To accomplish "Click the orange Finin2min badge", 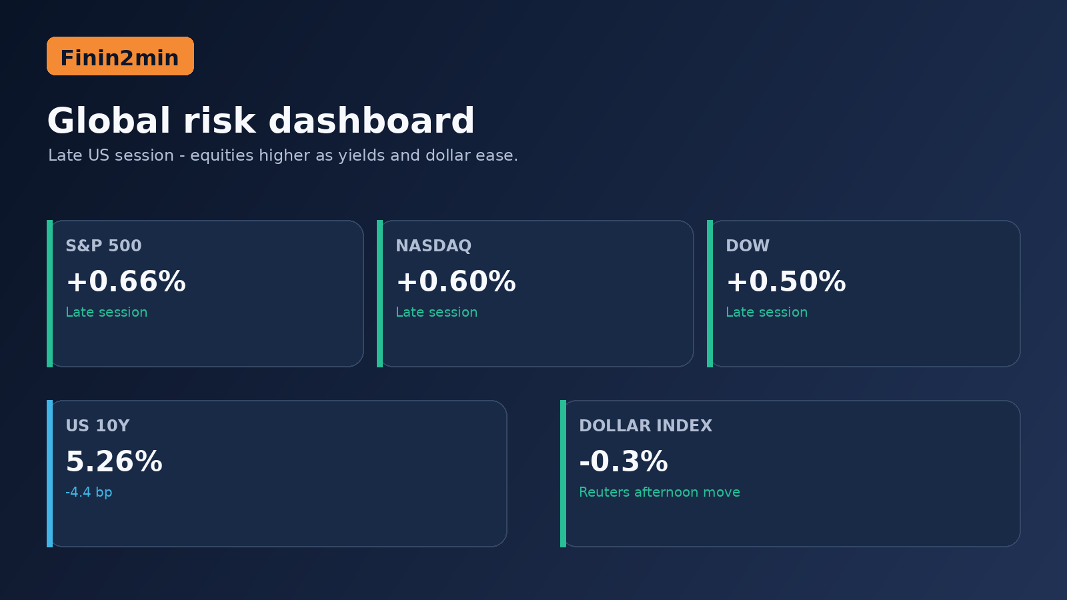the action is click(120, 56).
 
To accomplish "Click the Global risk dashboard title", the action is click(261, 121).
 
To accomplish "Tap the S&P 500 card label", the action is click(103, 246).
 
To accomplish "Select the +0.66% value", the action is click(126, 281).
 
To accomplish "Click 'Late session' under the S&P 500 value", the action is click(106, 313).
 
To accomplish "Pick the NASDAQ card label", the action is click(433, 246).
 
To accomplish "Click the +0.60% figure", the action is click(456, 281).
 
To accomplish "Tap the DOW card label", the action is click(748, 246).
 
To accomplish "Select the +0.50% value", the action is click(786, 281).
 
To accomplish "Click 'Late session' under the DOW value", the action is click(766, 313).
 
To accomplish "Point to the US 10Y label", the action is click(97, 426).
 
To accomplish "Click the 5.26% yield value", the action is click(114, 461).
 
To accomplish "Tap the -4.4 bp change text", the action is click(89, 493).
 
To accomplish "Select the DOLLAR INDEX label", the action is click(646, 426).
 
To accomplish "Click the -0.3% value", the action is click(624, 461).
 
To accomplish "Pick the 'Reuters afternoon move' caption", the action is click(660, 493).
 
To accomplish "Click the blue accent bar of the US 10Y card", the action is click(49, 473).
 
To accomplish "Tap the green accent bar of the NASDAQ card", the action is click(379, 293).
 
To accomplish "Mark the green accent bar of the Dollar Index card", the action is click(563, 473).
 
